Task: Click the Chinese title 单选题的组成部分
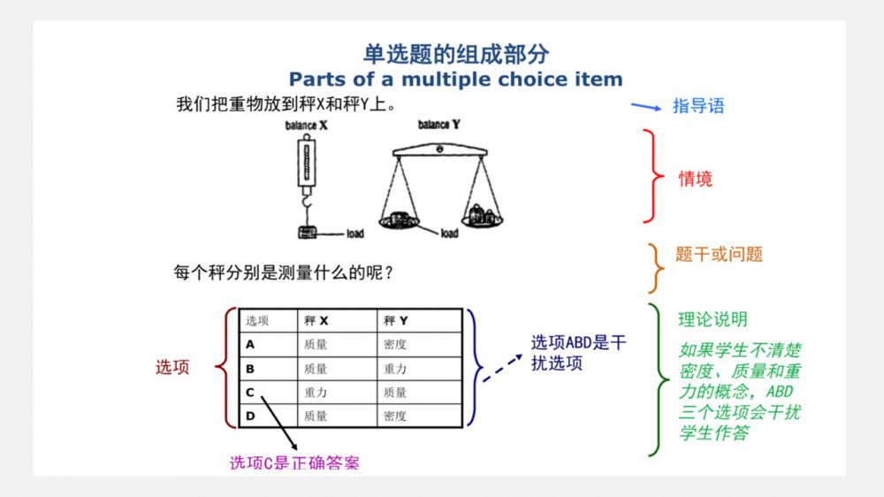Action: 455,54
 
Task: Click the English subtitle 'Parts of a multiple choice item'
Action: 455,79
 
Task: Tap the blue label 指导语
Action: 698,106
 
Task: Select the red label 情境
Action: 695,179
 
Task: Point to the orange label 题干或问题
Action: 719,255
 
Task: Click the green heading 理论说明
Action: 713,319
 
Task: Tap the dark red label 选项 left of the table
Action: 172,367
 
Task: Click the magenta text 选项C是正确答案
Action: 294,463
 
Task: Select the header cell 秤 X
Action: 316,320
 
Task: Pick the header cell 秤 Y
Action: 395,320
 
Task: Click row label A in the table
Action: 250,344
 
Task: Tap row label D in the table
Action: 250,416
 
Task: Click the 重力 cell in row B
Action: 394,369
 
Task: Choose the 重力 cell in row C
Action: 316,393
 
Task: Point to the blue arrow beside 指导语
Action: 646,107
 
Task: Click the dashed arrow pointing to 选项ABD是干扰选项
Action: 503,369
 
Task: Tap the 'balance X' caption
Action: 306,126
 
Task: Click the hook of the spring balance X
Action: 306,201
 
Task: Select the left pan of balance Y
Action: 400,222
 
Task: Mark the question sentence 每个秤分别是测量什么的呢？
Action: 284,272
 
